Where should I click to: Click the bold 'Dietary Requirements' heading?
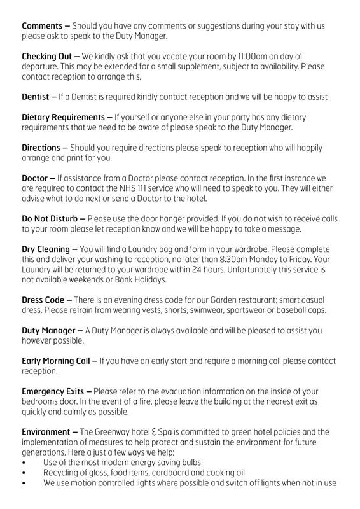[x=64, y=117]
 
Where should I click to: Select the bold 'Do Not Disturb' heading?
[x=50, y=219]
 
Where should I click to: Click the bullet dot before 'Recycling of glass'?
[x=24, y=473]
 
